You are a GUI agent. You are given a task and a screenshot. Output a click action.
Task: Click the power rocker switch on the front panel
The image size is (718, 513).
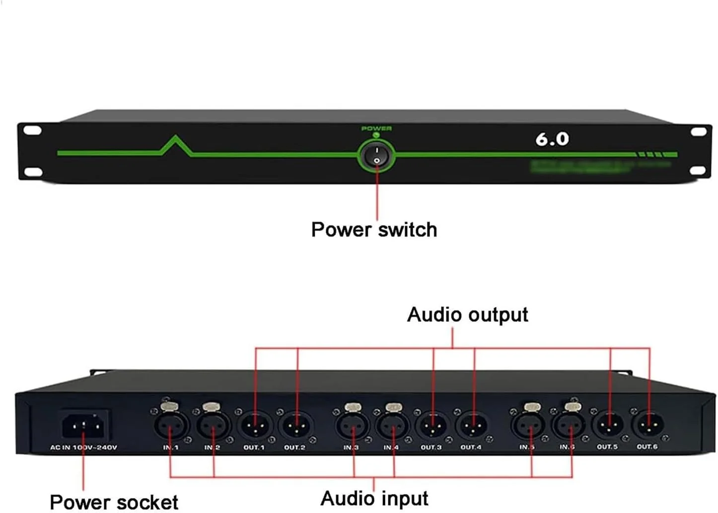[x=376, y=155]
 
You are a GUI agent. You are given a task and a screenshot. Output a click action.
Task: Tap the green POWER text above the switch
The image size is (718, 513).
[x=376, y=129]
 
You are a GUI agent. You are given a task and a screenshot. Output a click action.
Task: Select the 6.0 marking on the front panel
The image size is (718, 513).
[x=552, y=139]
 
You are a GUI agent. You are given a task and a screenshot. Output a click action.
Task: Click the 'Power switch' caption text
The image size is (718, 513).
[x=374, y=229]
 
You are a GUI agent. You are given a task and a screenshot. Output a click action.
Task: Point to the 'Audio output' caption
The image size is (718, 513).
[x=467, y=315]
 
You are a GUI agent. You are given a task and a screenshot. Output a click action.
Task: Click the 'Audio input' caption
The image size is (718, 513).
[x=374, y=498]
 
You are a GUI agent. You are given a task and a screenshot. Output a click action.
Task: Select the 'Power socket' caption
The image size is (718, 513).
[x=114, y=502]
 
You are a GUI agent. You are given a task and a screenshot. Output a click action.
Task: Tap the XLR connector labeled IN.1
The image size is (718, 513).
[x=171, y=426]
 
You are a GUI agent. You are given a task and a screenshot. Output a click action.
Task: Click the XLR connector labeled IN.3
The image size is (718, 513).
[x=353, y=426]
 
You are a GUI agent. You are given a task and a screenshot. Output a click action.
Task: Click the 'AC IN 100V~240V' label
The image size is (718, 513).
[x=83, y=447]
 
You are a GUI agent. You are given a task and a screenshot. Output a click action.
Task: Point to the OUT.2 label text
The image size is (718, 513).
[x=294, y=447]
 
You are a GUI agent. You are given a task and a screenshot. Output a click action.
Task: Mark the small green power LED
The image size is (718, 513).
[x=376, y=135]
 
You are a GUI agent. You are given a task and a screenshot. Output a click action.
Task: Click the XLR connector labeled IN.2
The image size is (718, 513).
[x=214, y=426]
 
